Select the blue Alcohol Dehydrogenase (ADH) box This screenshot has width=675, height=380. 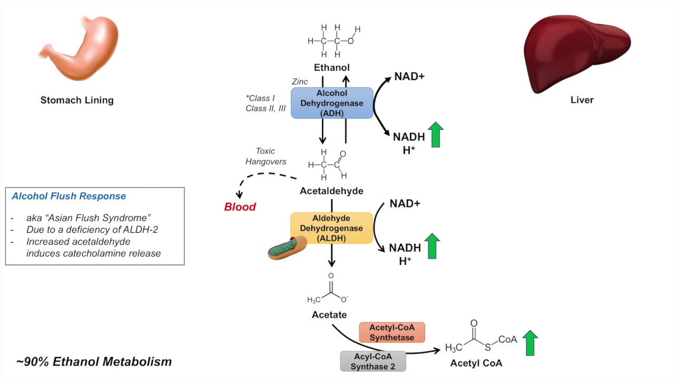tap(332, 103)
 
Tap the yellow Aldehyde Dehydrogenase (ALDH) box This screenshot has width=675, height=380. tap(331, 228)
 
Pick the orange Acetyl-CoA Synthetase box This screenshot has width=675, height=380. tap(392, 332)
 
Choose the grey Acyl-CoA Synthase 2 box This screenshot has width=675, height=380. tap(373, 361)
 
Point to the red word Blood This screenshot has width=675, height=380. tap(240, 207)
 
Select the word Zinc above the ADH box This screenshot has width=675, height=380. tap(300, 82)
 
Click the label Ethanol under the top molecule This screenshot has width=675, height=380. tap(332, 68)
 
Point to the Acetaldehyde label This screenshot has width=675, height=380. tap(331, 191)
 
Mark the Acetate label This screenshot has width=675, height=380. tap(329, 315)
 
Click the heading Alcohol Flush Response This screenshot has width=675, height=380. tap(69, 196)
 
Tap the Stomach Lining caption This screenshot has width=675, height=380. tap(77, 100)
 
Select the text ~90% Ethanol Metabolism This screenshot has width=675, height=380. tap(94, 362)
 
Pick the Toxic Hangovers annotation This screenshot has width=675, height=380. tap(266, 156)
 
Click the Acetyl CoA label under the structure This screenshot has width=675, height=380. tap(476, 363)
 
